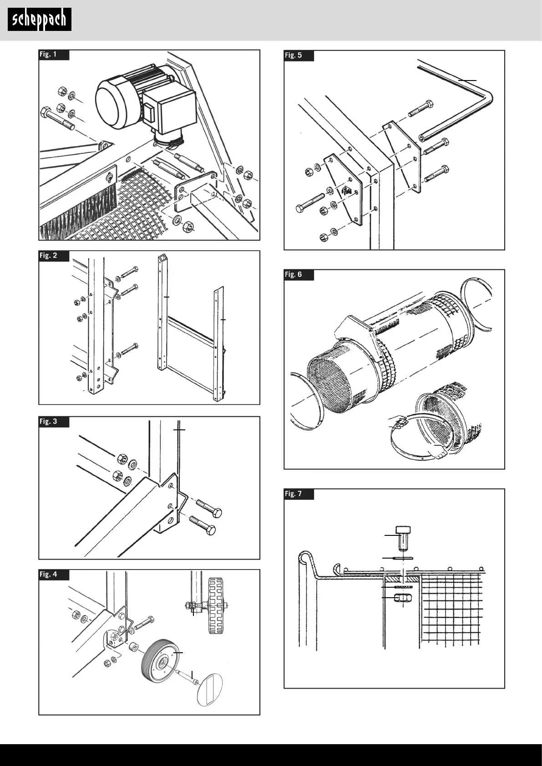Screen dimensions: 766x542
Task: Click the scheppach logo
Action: click(x=40, y=20)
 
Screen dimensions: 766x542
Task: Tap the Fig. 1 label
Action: click(x=49, y=55)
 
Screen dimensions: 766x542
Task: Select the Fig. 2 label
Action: click(x=49, y=256)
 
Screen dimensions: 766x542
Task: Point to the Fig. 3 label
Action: click(x=49, y=422)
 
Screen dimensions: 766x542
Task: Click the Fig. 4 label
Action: click(x=49, y=574)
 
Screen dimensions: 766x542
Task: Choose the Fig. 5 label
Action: click(x=294, y=55)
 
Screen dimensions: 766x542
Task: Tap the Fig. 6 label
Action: click(x=294, y=275)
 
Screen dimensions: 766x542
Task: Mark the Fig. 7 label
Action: click(x=294, y=494)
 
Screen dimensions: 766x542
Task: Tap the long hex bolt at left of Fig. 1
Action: click(x=59, y=119)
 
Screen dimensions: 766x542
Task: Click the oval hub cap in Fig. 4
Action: click(x=210, y=690)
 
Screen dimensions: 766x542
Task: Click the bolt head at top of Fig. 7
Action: click(x=404, y=537)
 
